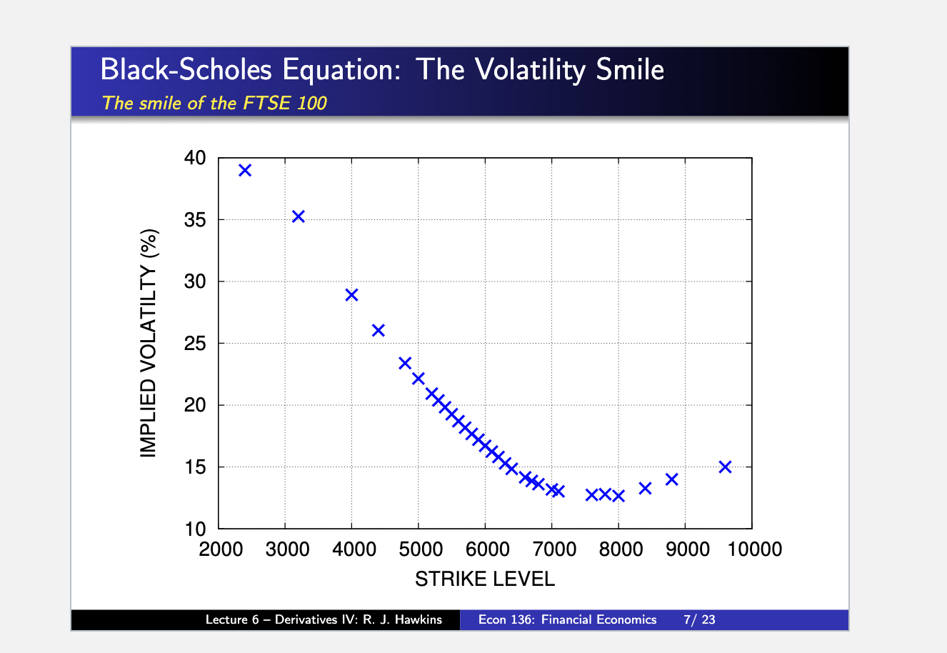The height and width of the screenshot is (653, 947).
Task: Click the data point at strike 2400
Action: click(245, 170)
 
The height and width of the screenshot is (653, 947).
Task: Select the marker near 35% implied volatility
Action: click(299, 216)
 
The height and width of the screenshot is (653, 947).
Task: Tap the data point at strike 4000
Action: click(351, 294)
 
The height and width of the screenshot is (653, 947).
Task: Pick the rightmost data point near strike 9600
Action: click(725, 467)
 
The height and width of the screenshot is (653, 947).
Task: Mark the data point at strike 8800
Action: click(671, 479)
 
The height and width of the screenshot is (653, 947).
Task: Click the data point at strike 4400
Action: click(379, 329)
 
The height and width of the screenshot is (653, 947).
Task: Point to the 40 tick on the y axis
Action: click(195, 158)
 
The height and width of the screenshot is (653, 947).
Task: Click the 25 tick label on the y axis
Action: click(195, 344)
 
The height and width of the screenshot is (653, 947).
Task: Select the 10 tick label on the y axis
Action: click(195, 529)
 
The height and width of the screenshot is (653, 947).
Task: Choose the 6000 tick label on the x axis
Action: click(486, 549)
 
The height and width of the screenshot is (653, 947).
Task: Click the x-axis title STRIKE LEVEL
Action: click(485, 579)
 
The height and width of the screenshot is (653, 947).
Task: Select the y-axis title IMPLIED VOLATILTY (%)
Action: click(148, 343)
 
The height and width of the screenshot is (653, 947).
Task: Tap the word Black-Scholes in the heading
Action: click(186, 70)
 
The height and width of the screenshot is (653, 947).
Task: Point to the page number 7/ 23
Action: click(698, 619)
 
